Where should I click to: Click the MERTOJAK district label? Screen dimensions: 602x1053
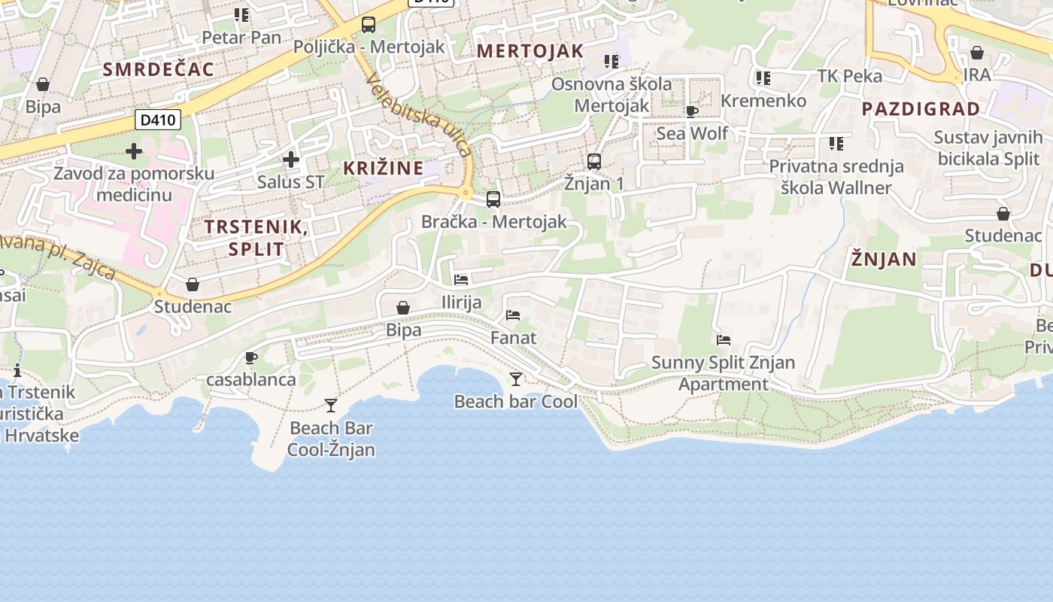pos(530,51)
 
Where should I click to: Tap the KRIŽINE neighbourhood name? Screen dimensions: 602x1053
pos(384,168)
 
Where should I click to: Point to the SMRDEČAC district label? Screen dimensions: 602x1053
pos(158,70)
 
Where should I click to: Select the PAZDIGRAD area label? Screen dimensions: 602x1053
pos(921,109)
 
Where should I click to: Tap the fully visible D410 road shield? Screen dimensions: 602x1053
pos(158,119)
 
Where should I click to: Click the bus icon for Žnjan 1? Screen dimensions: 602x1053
pos(594,161)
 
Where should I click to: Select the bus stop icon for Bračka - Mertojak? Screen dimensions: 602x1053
pos(493,199)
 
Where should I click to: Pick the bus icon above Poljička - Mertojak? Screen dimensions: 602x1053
pos(369,25)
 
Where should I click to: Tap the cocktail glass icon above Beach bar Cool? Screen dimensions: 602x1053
pos(516,379)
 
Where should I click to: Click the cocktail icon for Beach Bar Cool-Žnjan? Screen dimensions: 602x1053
pos(331,406)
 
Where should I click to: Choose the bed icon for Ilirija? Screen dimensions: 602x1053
pos(461,280)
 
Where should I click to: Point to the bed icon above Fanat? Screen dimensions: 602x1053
pos(514,315)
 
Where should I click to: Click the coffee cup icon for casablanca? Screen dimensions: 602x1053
pos(251,357)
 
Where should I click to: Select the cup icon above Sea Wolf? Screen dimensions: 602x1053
pos(692,112)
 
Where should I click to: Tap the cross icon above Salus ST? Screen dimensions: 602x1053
pos(291,160)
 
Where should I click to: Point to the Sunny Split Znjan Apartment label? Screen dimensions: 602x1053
pos(723,373)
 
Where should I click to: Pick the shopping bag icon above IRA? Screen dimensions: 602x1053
pos(976,53)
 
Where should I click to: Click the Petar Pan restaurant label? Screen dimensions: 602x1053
pos(241,38)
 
